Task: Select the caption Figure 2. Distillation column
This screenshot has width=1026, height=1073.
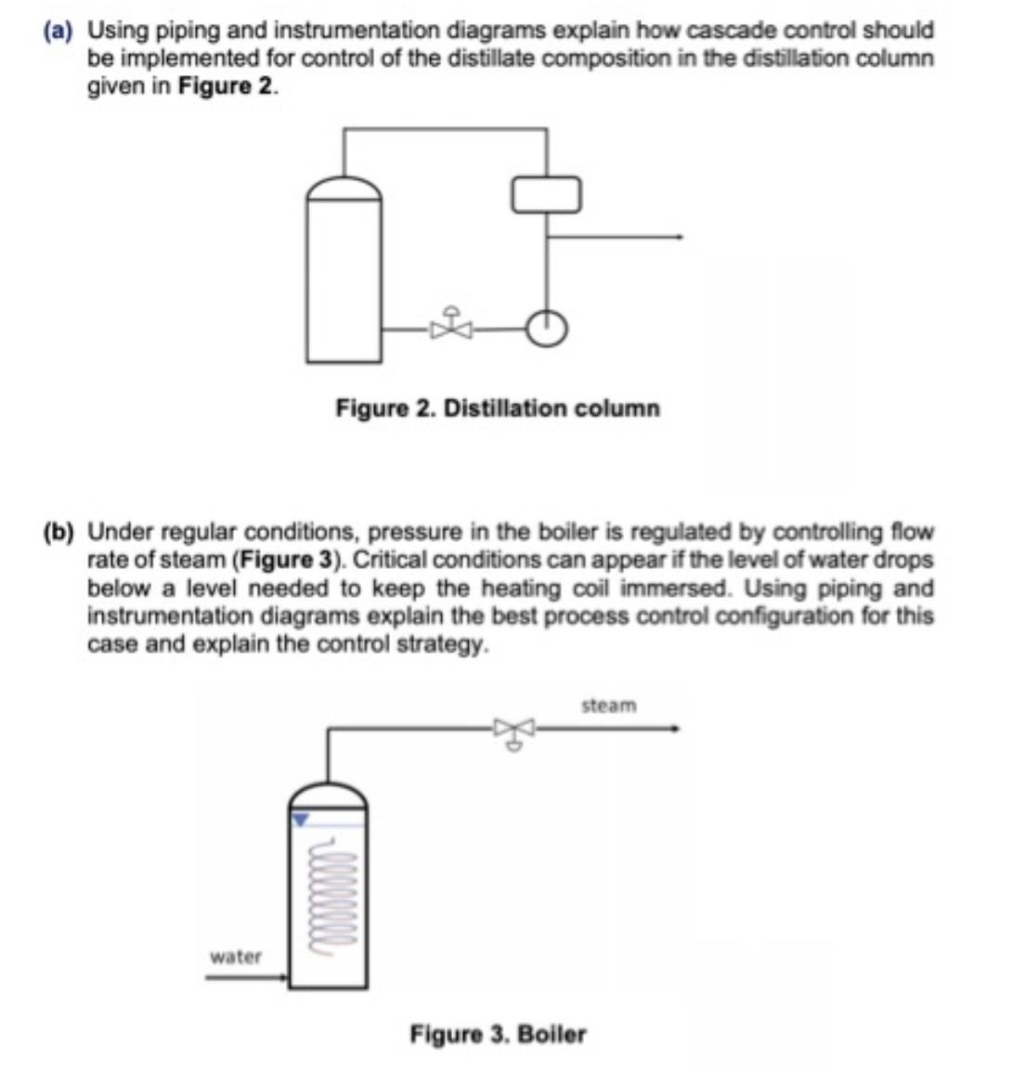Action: [x=498, y=408]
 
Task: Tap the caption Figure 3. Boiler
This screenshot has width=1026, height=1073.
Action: [x=498, y=1034]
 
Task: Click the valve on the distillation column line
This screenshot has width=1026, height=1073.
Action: [x=452, y=326]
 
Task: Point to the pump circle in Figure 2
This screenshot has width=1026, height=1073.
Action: [x=547, y=327]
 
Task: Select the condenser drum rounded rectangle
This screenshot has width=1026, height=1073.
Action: [x=547, y=193]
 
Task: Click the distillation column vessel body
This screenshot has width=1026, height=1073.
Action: [x=344, y=278]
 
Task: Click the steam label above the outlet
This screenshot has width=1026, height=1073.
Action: [x=609, y=705]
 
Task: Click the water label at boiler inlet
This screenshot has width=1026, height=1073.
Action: [x=236, y=956]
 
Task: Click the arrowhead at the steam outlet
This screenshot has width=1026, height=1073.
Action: [x=677, y=729]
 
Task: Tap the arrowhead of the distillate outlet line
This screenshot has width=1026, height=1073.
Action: [x=680, y=237]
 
